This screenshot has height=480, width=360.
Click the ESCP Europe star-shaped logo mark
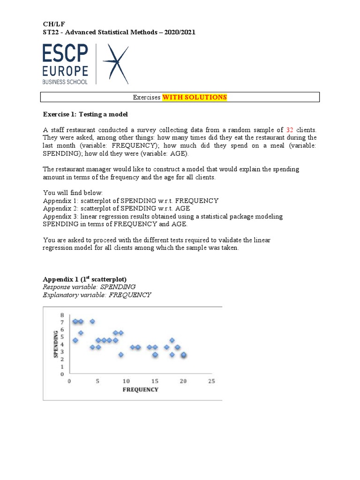tap(115, 64)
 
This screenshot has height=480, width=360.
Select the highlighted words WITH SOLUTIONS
tap(195, 97)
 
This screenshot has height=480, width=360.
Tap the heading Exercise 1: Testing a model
tap(85, 114)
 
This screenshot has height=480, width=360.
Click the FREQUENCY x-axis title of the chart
tap(140, 390)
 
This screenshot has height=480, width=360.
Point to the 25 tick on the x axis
tap(211, 381)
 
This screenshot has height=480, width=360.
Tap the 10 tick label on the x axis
tap(126, 381)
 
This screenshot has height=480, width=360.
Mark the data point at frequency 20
tap(183, 355)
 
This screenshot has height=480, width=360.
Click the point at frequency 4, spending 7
tap(92, 321)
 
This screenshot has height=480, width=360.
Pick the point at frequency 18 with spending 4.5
tap(172, 340)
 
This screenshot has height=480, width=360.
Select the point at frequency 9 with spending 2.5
tap(121, 355)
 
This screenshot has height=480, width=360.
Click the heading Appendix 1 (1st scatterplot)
tap(85, 278)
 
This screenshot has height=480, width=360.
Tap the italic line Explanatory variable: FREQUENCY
tap(97, 295)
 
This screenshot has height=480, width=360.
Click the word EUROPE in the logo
tap(65, 71)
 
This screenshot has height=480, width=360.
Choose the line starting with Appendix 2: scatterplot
tap(117, 208)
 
